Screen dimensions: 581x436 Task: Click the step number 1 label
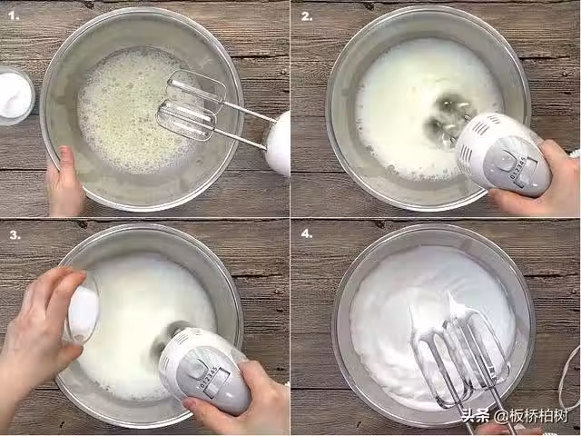pyautogui.click(x=14, y=16)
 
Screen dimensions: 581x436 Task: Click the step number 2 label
pyautogui.click(x=307, y=16)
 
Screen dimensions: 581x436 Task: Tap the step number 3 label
pyautogui.click(x=15, y=234)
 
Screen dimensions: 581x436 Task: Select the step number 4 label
pyautogui.click(x=307, y=234)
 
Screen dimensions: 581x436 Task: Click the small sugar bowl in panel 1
pyautogui.click(x=15, y=94)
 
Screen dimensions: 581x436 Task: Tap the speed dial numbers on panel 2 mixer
pyautogui.click(x=518, y=168)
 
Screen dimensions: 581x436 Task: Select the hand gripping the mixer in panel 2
pyautogui.click(x=540, y=181)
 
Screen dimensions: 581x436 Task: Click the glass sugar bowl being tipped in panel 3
pyautogui.click(x=82, y=307)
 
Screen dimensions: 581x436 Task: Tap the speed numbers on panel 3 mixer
pyautogui.click(x=209, y=378)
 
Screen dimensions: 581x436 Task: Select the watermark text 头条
pyautogui.click(x=475, y=416)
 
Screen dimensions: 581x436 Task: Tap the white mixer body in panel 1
pyautogui.click(x=278, y=143)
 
